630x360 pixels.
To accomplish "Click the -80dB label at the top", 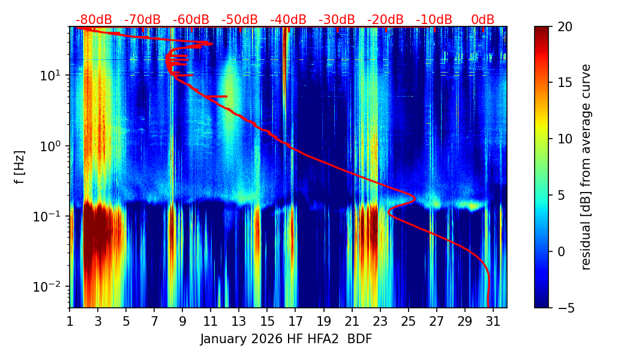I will tap(94, 20).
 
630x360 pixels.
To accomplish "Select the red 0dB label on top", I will tap(482, 20).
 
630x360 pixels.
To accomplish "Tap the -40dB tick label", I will tap(288, 20).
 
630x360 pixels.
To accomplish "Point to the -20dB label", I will tap(385, 20).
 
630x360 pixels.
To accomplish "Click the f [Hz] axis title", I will tap(20, 167).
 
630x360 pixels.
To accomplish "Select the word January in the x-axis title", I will tap(223, 339).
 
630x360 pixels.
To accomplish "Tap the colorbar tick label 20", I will tap(565, 27).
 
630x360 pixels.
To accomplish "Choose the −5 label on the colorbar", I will tap(565, 308).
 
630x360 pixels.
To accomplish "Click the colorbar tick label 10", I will tap(565, 139).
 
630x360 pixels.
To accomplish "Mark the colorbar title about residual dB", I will tap(586, 167).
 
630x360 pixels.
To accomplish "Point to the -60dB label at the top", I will tap(191, 20).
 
